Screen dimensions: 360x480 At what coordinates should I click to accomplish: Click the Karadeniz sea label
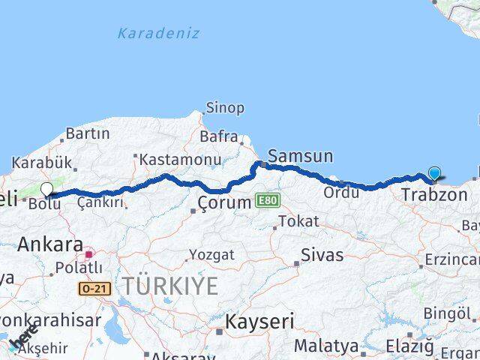pos(159,33)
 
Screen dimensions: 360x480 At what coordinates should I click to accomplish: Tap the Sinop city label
pos(225,108)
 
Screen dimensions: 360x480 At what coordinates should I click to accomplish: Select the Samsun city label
pos(300,156)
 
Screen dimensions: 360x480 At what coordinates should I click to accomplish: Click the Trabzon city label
pos(434,195)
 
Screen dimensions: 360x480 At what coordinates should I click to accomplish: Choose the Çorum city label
pos(225,202)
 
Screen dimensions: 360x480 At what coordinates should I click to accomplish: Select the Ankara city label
pos(50,244)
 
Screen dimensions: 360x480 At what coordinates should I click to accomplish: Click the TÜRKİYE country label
pos(171,286)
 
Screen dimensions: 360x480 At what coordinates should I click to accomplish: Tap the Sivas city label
pos(322,254)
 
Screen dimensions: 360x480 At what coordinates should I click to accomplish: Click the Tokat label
pos(298,222)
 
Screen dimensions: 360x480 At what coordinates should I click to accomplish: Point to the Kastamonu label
pos(180,160)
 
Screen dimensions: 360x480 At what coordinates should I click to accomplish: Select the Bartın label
pos(88,134)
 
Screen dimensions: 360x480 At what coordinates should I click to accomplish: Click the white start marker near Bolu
pos(47,189)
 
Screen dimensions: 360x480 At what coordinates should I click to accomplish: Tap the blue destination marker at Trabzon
pos(435,174)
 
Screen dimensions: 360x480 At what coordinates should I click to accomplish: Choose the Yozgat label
pos(211,255)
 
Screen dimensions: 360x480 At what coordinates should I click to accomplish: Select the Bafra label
pos(218,136)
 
